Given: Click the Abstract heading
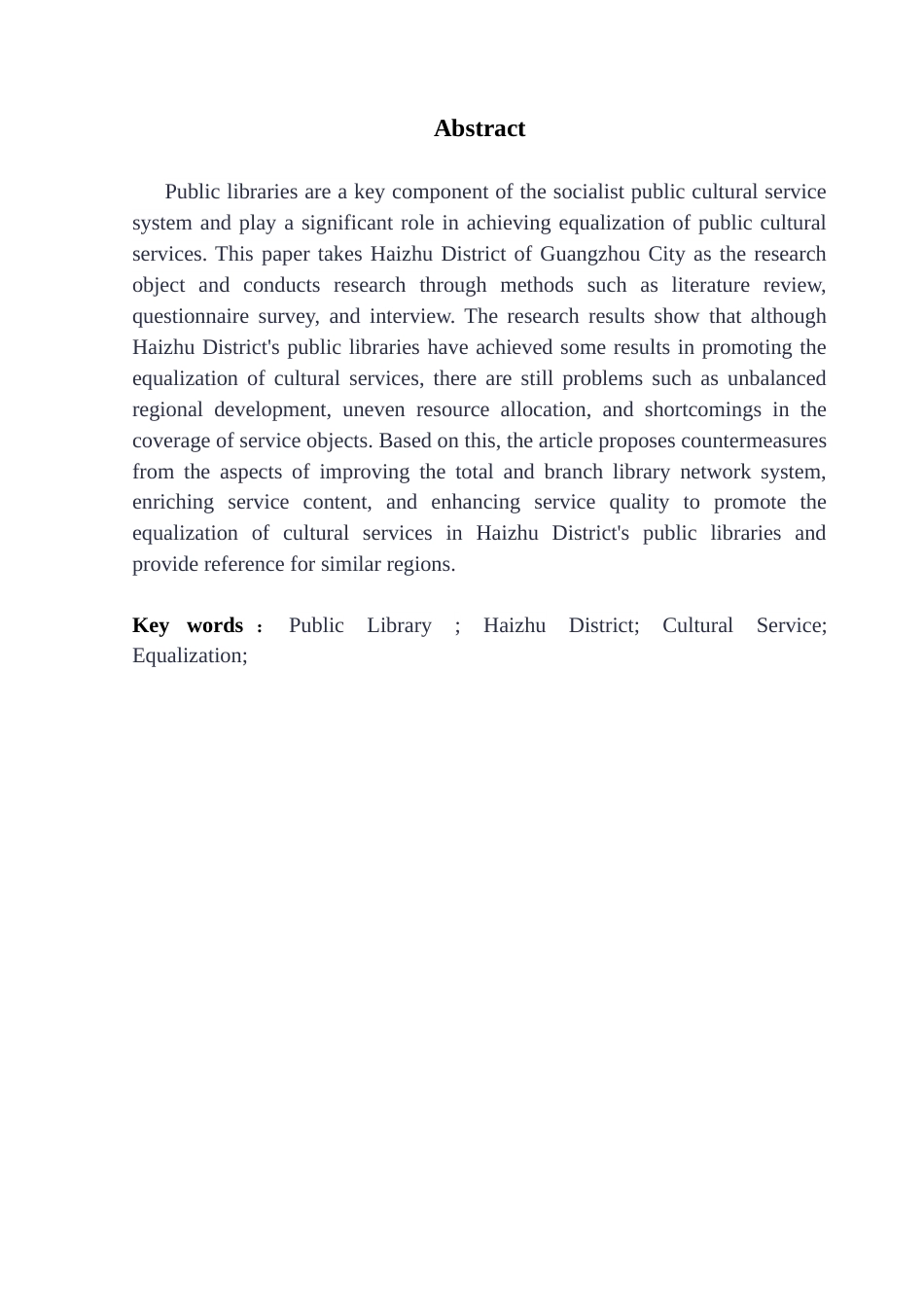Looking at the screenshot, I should pos(479,128).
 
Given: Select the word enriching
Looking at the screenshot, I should pos(172,502).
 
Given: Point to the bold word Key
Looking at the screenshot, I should pos(151,625).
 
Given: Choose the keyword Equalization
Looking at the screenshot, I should pos(190,655).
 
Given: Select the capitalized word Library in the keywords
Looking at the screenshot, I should pos(399,625).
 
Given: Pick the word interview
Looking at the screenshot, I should pos(410,316).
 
